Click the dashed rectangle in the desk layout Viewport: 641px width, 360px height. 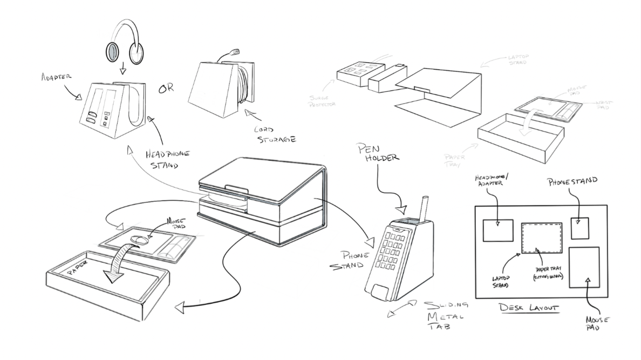542,238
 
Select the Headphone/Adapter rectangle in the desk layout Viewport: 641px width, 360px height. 497,230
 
